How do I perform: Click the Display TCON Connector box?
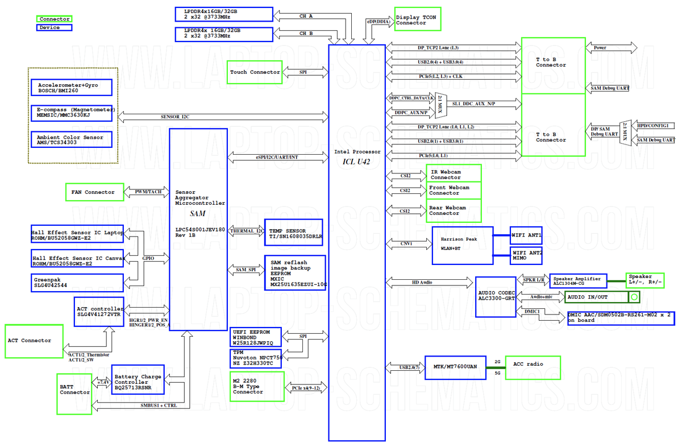pyautogui.click(x=418, y=19)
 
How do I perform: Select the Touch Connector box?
pyautogui.click(x=255, y=72)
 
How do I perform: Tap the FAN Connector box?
pyautogui.click(x=94, y=192)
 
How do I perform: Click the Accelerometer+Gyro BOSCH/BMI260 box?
pyautogui.click(x=72, y=88)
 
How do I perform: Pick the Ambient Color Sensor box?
pyautogui.click(x=72, y=139)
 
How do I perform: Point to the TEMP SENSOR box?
pyautogui.click(x=293, y=233)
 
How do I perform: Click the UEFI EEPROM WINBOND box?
pyautogui.click(x=256, y=337)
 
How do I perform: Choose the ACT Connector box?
pyautogui.click(x=34, y=341)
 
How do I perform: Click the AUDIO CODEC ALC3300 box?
pyautogui.click(x=496, y=296)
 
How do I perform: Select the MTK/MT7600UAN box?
pyautogui.click(x=455, y=367)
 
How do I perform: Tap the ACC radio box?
pyautogui.click(x=533, y=367)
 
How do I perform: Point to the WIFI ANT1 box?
pyautogui.click(x=526, y=235)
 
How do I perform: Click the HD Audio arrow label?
pyautogui.click(x=422, y=282)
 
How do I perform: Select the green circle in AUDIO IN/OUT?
pyautogui.click(x=634, y=297)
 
